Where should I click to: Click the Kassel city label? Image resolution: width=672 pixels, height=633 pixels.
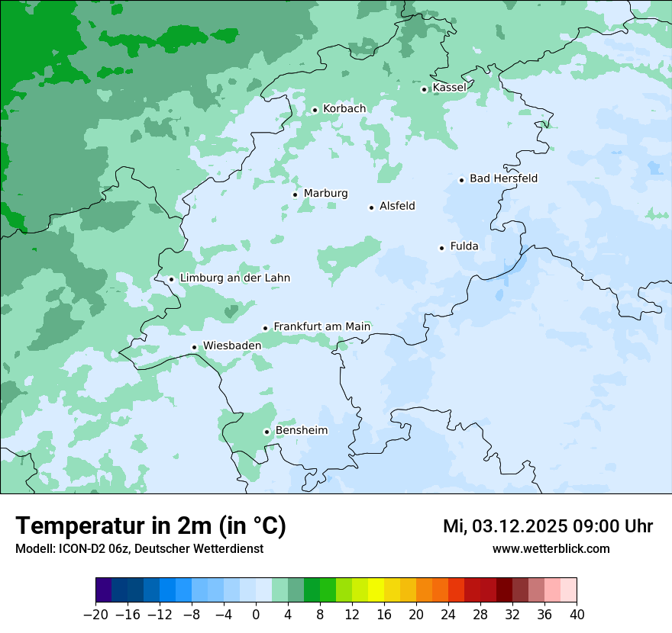pos(449,88)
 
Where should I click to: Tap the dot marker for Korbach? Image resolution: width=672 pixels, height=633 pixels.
pos(315,110)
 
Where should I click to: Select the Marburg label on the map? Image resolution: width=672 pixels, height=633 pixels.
pos(325,194)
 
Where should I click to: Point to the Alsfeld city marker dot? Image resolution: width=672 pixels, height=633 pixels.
pos(372,207)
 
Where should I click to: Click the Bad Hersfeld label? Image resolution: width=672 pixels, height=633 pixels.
pos(503,178)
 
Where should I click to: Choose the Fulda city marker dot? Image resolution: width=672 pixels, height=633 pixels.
pos(441,248)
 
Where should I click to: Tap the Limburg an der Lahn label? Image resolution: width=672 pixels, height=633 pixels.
pos(234,278)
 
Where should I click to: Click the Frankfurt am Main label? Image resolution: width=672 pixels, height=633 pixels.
pos(321,326)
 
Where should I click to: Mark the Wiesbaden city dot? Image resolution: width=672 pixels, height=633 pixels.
pos(195,347)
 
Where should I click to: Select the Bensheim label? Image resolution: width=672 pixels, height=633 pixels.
pos(301,430)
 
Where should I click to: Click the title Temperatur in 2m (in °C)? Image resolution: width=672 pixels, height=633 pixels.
pos(150,525)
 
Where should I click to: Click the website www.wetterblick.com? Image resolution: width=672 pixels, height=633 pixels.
pos(551,548)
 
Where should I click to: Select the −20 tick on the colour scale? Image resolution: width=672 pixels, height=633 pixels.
pos(95,615)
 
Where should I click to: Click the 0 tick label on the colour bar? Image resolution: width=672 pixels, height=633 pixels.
pos(256,615)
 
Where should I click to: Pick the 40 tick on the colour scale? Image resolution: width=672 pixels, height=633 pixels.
pos(577,615)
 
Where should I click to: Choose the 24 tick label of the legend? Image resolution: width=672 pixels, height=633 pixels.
pos(448,615)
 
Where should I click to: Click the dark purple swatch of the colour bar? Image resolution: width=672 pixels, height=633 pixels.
pos(104,590)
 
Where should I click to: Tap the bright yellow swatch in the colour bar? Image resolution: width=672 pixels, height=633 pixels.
pos(376,590)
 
